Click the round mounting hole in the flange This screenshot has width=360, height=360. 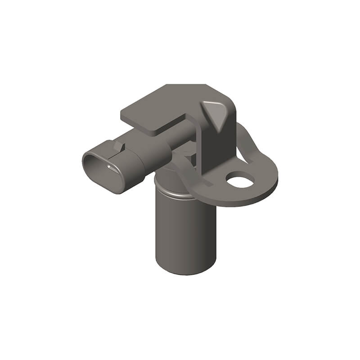click(x=240, y=180)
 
